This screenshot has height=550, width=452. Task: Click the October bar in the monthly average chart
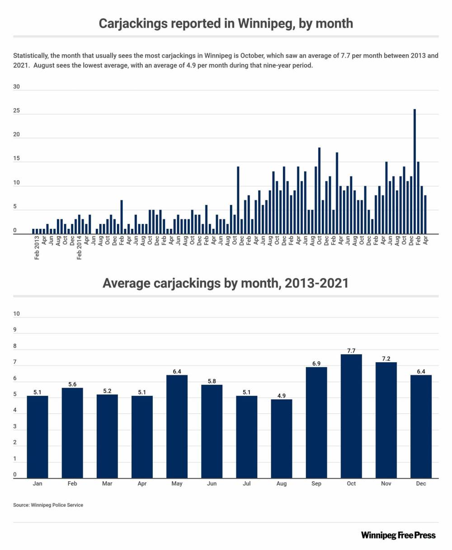[x=351, y=416]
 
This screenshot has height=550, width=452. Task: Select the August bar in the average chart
[x=281, y=439]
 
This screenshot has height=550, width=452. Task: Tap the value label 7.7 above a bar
[x=351, y=351]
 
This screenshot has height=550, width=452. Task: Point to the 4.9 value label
[x=281, y=396]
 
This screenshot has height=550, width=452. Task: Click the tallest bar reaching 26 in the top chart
[x=414, y=171]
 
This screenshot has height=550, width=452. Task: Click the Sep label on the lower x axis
[x=316, y=484]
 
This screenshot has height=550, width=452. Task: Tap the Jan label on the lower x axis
[x=38, y=484]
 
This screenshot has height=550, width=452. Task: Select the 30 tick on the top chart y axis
[x=17, y=87]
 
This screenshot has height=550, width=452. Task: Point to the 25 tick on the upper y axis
[x=17, y=111]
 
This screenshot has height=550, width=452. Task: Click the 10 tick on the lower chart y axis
[x=17, y=313]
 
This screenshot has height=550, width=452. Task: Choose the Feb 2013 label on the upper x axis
[x=37, y=248]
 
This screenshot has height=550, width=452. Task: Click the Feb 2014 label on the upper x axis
[x=80, y=248]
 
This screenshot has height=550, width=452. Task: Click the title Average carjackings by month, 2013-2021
[x=226, y=283]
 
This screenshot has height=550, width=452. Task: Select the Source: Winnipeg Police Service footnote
[x=48, y=505]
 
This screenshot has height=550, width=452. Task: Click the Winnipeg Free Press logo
[x=398, y=536]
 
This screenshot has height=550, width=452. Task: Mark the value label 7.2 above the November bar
[x=386, y=359]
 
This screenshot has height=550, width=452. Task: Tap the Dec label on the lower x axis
[x=421, y=484]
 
